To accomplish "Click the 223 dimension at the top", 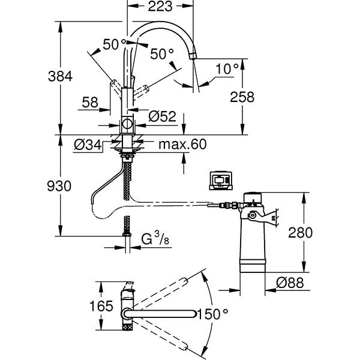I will pyautogui.click(x=160, y=7).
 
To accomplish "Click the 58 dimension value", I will pyautogui.click(x=90, y=103).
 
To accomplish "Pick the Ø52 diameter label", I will pyautogui.click(x=162, y=116).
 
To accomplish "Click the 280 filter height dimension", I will pyautogui.click(x=301, y=232).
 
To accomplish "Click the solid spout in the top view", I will pyautogui.click(x=162, y=313).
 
